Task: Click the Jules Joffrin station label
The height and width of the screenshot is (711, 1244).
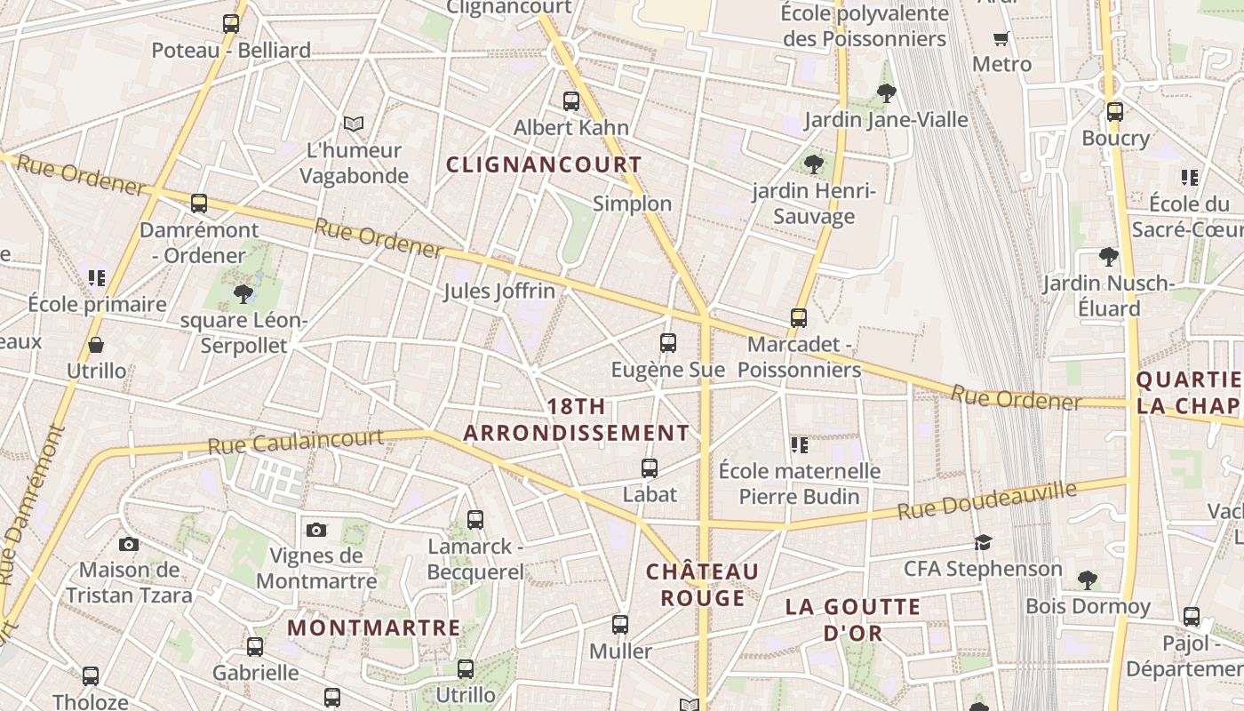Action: point(499,291)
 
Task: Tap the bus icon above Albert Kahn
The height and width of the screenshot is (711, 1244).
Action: point(571,101)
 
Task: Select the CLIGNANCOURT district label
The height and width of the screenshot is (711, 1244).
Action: point(544,164)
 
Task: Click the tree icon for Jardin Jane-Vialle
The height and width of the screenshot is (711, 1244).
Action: point(886,92)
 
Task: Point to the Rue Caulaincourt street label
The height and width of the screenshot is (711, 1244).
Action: point(296,441)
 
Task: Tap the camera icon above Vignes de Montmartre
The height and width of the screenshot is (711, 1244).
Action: point(316,530)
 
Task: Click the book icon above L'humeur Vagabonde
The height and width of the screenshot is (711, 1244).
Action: point(354,124)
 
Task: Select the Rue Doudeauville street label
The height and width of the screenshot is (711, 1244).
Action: point(986,500)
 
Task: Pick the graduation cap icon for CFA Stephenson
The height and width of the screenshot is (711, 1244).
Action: point(983,542)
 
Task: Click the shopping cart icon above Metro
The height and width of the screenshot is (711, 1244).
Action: point(1001,38)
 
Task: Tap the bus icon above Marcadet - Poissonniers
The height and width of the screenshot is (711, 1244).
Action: point(799,317)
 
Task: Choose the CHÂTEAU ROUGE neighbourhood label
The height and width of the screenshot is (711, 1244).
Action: point(702,584)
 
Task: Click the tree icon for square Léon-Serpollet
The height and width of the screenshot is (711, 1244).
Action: point(243,293)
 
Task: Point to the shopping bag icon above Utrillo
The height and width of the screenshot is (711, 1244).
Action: point(96,345)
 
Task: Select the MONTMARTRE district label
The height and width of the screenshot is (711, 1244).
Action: point(374,627)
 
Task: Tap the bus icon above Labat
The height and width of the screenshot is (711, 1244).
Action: point(650,467)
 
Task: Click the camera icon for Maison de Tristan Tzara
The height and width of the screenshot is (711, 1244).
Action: point(129,543)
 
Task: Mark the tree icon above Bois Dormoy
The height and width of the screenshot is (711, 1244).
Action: point(1087,580)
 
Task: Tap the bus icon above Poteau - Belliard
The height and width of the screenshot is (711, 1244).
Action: point(231,24)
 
